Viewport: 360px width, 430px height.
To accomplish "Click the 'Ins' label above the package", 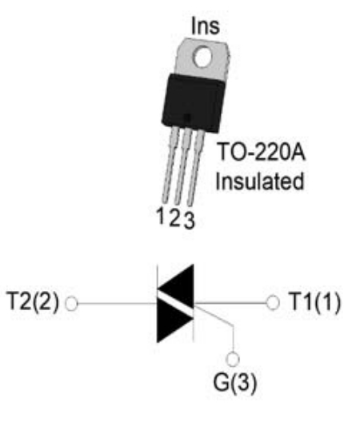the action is (x=206, y=26).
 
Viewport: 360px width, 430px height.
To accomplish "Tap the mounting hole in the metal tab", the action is (x=202, y=57).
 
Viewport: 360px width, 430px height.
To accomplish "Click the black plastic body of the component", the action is (x=194, y=103).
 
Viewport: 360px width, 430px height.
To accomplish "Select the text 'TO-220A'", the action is (x=261, y=152).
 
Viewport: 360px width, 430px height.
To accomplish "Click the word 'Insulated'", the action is (x=260, y=181).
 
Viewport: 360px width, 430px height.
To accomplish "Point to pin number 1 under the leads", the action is (x=161, y=215).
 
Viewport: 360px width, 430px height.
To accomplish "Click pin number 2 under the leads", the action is (x=174, y=218).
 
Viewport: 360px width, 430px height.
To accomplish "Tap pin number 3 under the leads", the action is (x=189, y=220).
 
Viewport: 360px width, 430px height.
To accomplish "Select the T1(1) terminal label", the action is (x=315, y=302).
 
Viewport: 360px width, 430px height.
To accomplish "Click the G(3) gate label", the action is (x=235, y=383).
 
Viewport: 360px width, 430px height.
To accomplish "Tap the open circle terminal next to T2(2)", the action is (x=72, y=304).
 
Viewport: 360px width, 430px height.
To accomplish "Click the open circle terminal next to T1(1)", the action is (x=273, y=303).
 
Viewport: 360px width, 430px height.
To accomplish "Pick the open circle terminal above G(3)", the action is (x=233, y=360).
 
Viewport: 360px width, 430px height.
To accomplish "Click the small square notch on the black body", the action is (x=187, y=118).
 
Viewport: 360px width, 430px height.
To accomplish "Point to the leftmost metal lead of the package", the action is (x=170, y=165).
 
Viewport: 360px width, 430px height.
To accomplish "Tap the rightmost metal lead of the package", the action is (x=196, y=168).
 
